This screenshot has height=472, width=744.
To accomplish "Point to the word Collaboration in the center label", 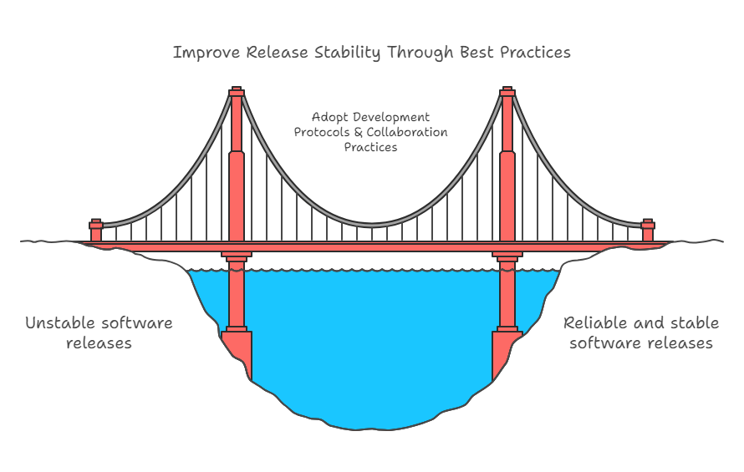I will [407, 133].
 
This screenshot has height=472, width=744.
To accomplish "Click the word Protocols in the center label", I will [323, 133].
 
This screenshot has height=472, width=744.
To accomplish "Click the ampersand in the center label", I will [359, 133].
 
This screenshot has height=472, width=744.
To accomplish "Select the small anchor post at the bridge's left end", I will [96, 230].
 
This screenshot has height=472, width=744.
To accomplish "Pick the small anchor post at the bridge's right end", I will [647, 230].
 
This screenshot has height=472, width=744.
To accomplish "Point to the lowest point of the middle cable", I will [372, 225].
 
